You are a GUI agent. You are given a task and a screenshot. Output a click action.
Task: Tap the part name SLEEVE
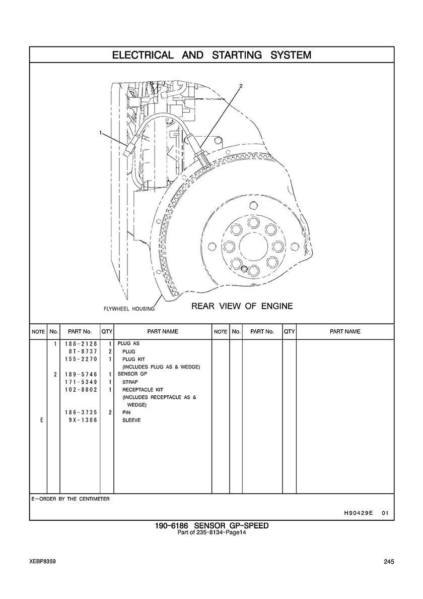(131, 420)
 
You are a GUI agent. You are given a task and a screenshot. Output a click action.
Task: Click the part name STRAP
(130, 382)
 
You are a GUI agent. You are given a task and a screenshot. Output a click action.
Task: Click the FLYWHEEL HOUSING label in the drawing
(126, 309)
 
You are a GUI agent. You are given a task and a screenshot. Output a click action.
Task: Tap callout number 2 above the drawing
(241, 86)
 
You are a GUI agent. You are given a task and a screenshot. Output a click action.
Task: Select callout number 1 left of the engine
(101, 133)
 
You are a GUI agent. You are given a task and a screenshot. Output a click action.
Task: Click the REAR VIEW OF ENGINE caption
(242, 306)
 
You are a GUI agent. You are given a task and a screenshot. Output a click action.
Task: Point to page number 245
(388, 562)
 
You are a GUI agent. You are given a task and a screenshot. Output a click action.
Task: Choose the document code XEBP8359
(42, 561)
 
